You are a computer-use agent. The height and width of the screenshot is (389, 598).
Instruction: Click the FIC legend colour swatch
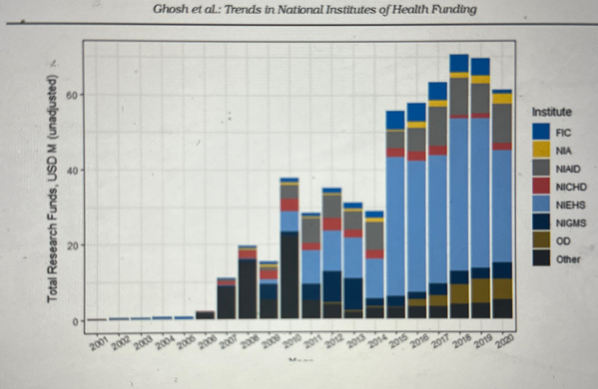click(541, 132)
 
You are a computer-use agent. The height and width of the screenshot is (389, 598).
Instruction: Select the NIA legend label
click(564, 151)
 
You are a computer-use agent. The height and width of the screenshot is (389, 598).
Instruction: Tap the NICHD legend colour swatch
click(541, 186)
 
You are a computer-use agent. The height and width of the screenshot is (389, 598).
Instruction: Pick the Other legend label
click(568, 259)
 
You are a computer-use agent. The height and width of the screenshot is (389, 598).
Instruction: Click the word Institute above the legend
click(552, 112)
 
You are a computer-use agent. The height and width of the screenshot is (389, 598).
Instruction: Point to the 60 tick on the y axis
click(71, 96)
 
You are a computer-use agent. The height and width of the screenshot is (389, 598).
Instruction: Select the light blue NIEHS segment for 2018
click(459, 194)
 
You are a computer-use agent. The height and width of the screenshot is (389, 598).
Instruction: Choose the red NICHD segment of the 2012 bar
click(332, 224)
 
